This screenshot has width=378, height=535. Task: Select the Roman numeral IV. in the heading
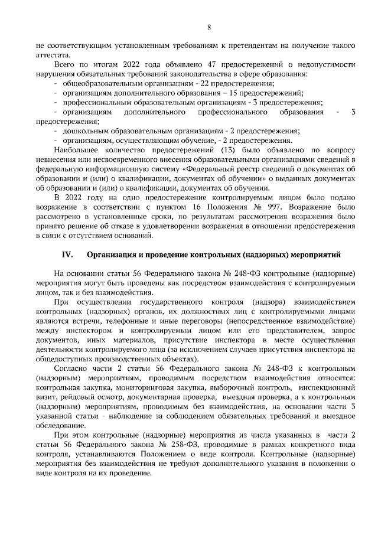[x=67, y=255]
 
